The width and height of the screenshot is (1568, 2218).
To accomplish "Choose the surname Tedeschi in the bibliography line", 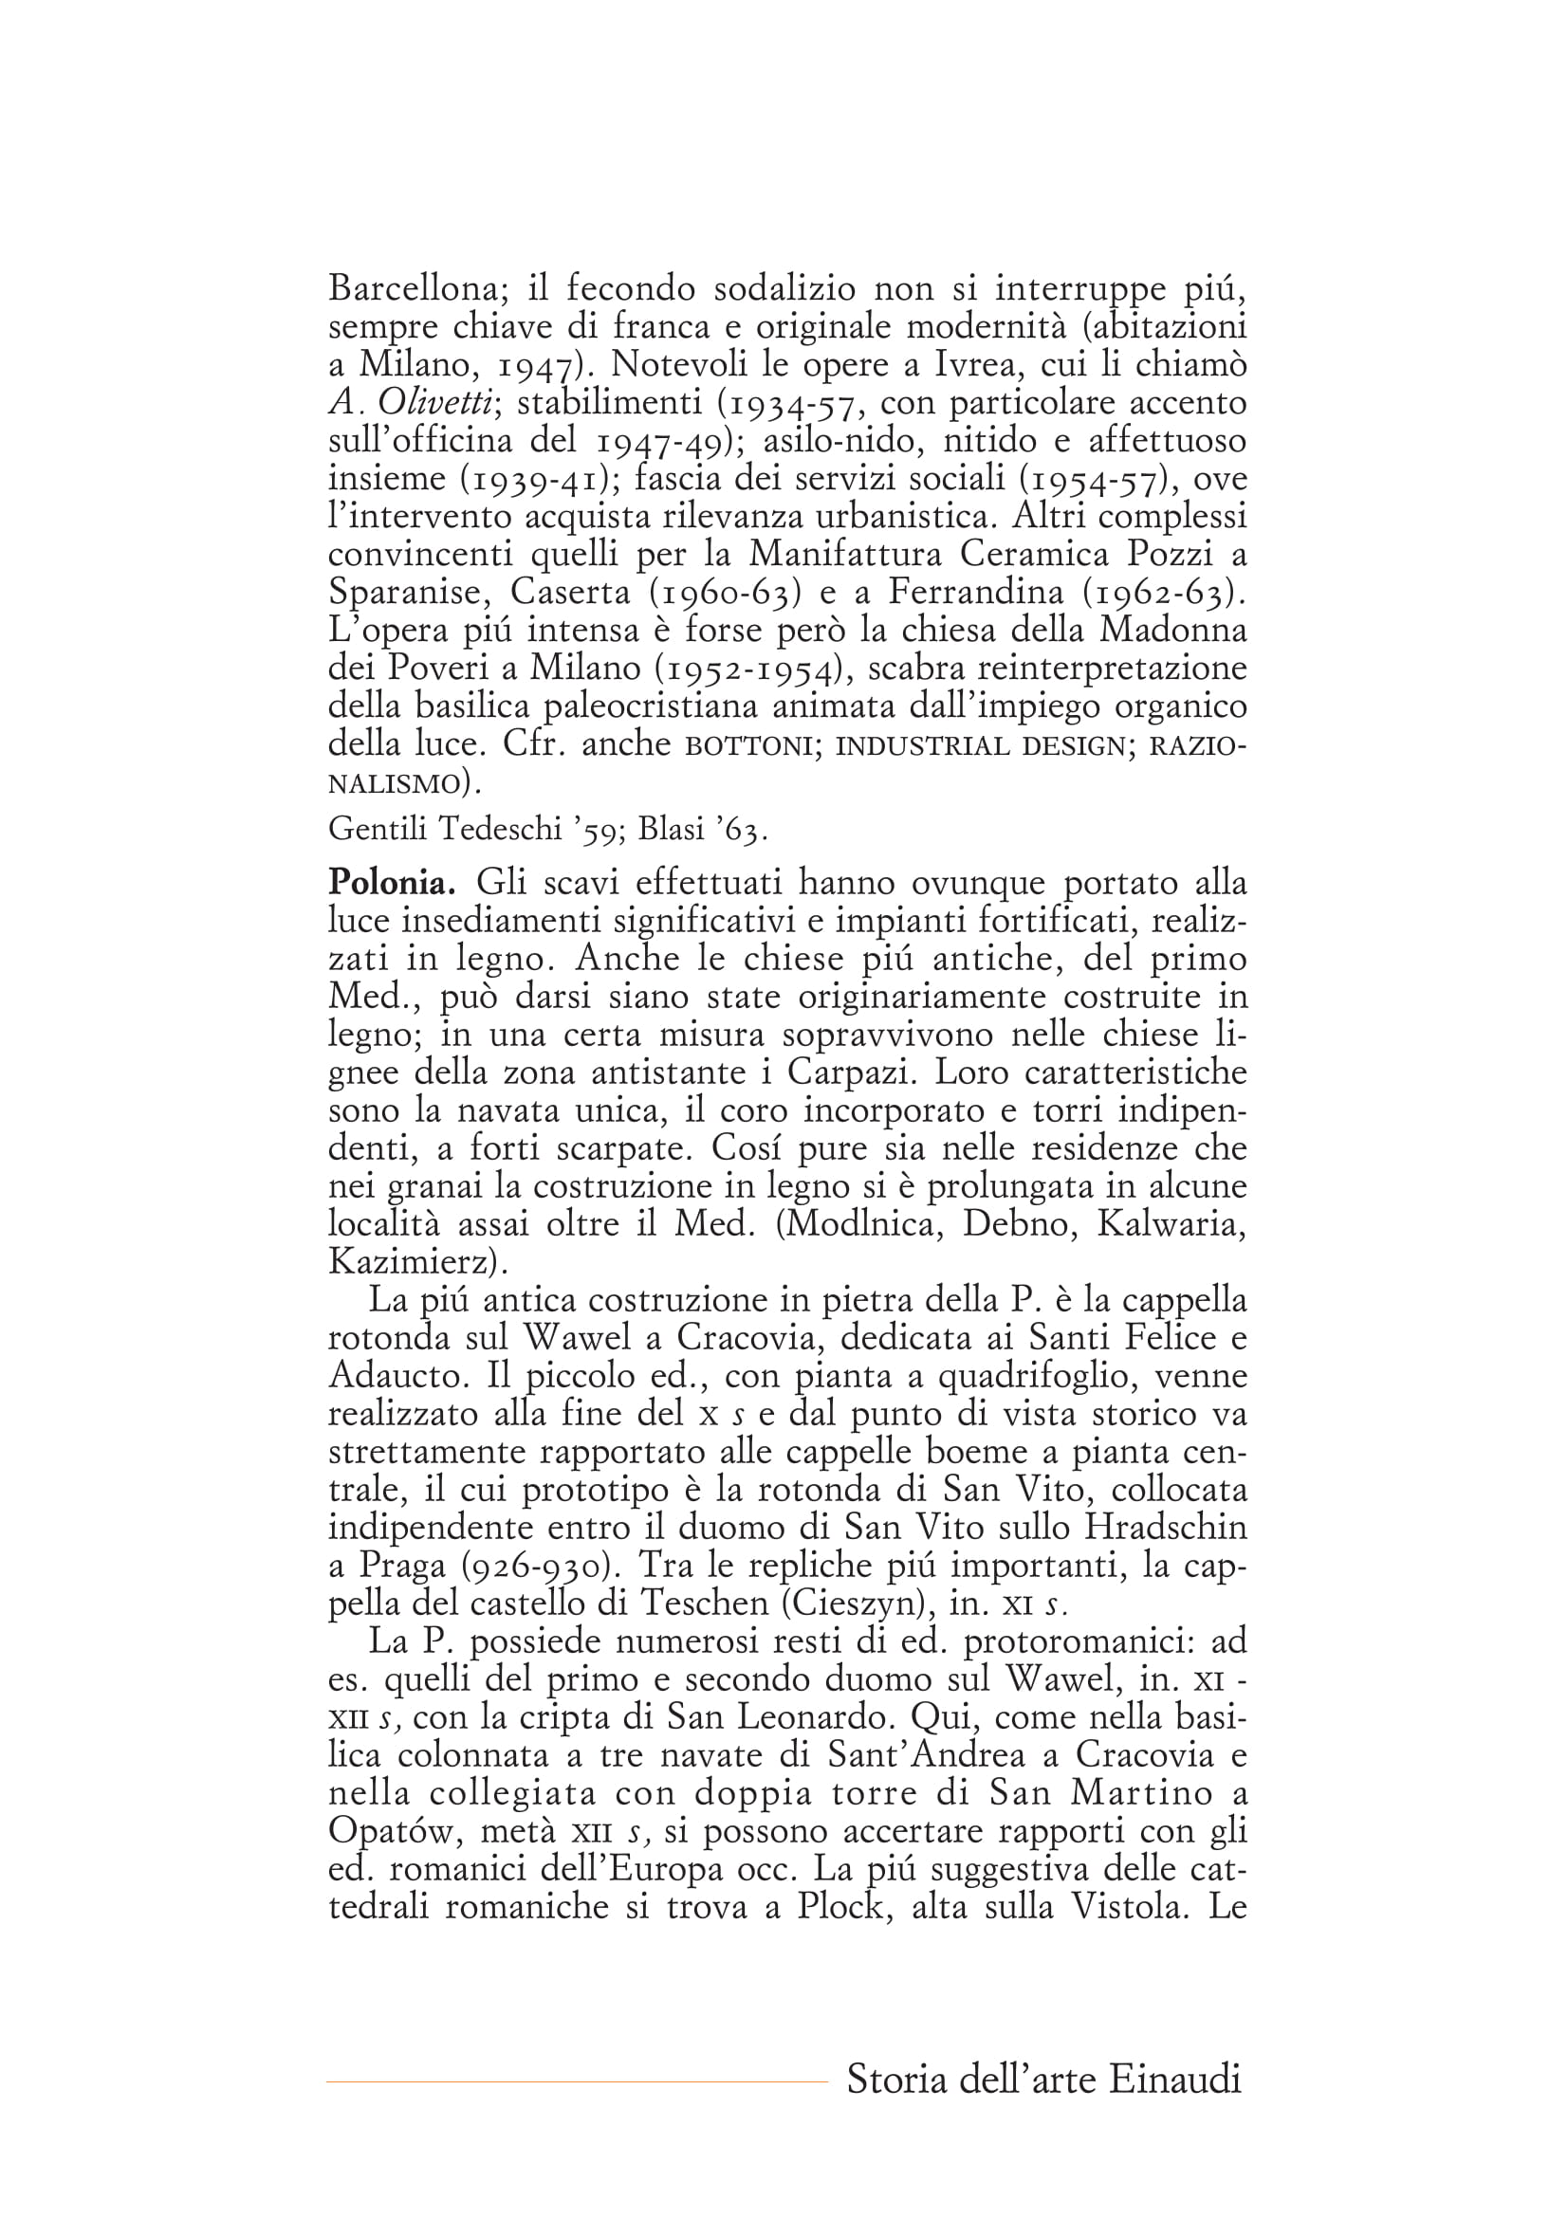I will (497, 829).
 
